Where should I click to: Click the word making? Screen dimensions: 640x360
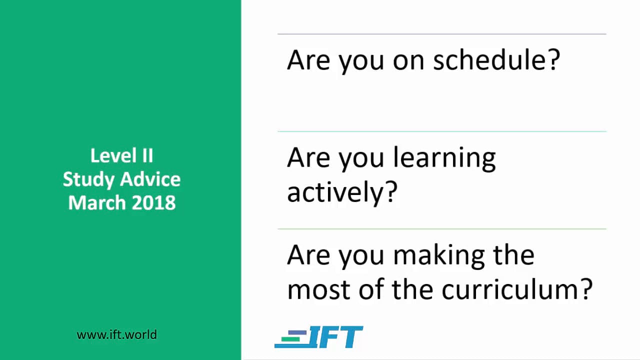439,256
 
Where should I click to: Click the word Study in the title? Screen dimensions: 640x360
88,180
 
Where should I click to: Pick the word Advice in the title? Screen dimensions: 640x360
150,179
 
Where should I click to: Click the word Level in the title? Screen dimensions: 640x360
113,155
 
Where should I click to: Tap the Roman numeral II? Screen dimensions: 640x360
147,155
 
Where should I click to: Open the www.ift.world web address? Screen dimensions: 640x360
116,335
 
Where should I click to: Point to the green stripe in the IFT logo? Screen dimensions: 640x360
290,339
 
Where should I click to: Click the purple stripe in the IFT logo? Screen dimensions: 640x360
297,333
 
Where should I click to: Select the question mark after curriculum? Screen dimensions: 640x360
587,288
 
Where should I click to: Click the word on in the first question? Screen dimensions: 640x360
408,62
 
